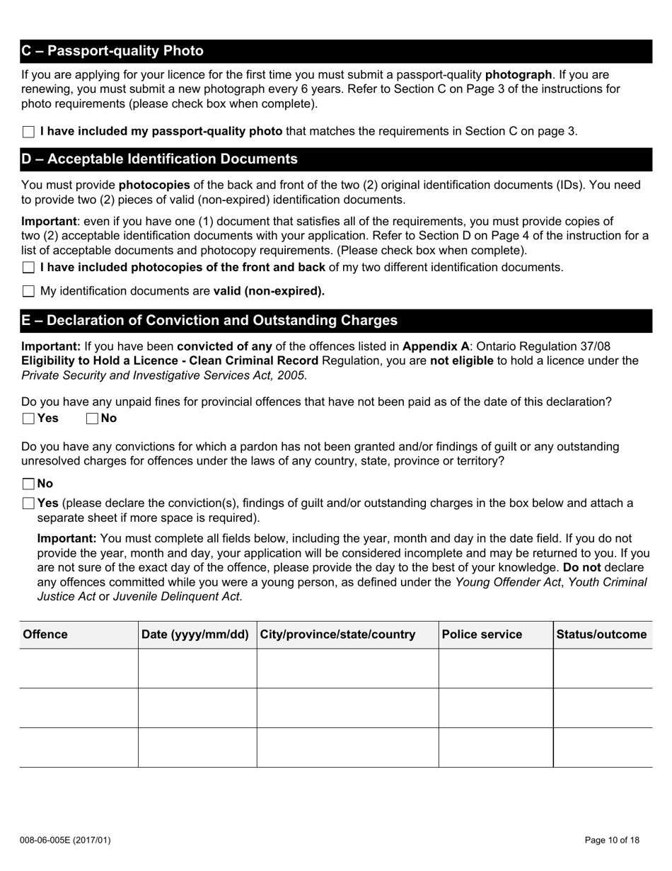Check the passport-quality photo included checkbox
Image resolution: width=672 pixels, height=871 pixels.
28,132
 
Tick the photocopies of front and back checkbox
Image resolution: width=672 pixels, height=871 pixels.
28,268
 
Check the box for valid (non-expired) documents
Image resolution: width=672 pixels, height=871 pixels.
28,291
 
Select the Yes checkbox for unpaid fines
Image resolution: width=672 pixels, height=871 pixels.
28,419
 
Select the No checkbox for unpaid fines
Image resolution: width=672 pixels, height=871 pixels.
92,419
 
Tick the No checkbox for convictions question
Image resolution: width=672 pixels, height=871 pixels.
28,484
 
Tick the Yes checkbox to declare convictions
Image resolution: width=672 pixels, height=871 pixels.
28,503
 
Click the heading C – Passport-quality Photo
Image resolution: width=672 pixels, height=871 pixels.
112,51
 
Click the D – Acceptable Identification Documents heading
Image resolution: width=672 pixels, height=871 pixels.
160,159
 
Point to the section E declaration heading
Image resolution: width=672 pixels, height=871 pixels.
209,320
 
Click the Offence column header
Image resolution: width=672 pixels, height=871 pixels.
45,634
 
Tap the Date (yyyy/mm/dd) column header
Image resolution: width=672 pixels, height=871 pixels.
195,634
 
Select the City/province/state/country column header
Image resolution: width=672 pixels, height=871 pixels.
337,634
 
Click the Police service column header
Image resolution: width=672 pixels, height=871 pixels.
482,634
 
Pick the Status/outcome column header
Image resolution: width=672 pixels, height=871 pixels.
601,634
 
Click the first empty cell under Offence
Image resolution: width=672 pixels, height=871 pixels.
79,668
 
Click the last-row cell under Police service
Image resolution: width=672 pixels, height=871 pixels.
495,747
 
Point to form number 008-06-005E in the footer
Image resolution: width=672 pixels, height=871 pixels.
65,841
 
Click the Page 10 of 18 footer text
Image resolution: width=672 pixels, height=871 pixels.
612,841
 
